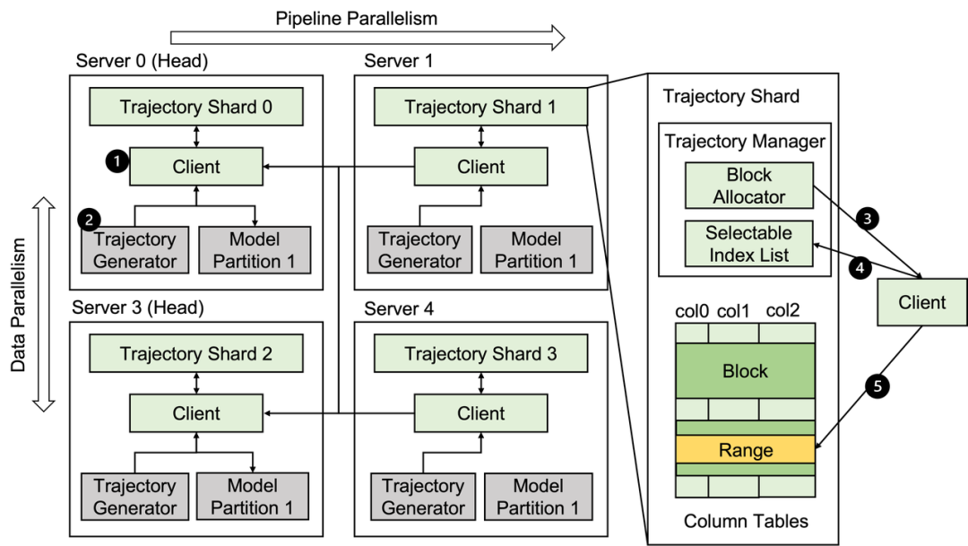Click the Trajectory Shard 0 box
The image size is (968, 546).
click(x=195, y=108)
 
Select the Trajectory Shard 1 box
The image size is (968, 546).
click(x=480, y=108)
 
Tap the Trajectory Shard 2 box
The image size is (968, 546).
click(x=195, y=354)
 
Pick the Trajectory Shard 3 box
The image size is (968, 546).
click(x=480, y=354)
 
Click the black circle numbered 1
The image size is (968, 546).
click(x=116, y=160)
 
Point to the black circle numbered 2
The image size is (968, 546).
click(x=89, y=219)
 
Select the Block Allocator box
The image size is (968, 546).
click(x=748, y=186)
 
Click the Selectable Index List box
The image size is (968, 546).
click(x=748, y=244)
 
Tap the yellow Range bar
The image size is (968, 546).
click(x=745, y=450)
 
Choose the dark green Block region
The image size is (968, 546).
click(x=745, y=371)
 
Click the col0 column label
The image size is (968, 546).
click(x=692, y=311)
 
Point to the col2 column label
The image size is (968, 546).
click(x=782, y=311)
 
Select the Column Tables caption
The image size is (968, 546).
click(x=745, y=521)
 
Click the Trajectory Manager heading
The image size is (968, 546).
click(x=745, y=142)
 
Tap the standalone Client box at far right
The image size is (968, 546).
click(x=921, y=302)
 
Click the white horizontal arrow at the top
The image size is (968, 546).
click(x=367, y=38)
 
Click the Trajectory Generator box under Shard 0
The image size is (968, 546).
click(x=134, y=250)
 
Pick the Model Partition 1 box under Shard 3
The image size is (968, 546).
click(x=538, y=497)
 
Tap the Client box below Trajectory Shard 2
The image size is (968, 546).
click(x=195, y=413)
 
